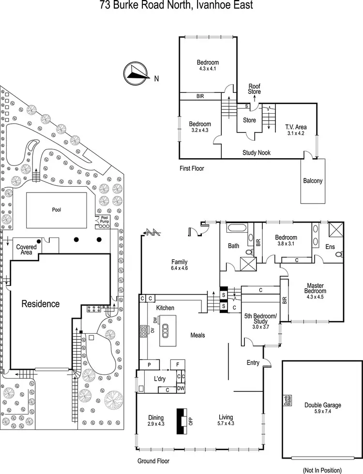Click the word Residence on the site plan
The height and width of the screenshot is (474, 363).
[x=41, y=304]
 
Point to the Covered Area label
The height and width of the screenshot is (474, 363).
[x=27, y=250]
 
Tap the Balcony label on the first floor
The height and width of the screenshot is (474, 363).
[x=313, y=181]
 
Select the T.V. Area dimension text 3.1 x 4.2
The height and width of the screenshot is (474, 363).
[x=295, y=133]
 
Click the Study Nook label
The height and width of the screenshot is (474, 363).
[x=257, y=153]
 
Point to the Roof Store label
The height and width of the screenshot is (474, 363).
[x=255, y=89]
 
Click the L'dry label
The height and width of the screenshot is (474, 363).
[x=160, y=378]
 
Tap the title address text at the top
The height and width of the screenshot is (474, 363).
[x=176, y=5]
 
